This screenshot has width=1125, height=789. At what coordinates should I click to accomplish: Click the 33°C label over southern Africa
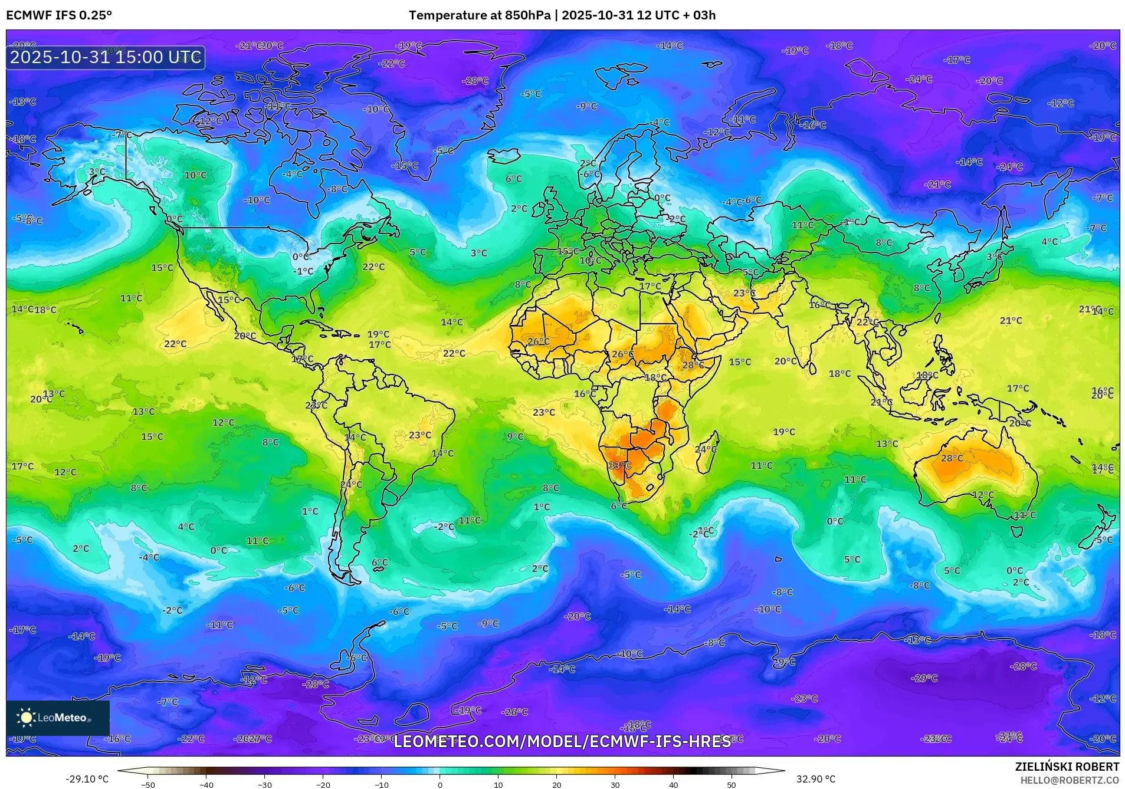click(x=619, y=465)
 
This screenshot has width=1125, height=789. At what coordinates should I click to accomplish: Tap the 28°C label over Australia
click(x=952, y=458)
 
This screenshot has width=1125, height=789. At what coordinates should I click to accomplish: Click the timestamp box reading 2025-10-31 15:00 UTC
click(x=106, y=57)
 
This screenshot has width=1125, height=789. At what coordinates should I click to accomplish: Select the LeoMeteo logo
click(x=57, y=718)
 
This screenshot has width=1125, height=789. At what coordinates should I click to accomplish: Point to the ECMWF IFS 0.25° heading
click(x=59, y=15)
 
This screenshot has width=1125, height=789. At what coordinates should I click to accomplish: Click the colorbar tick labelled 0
click(x=440, y=784)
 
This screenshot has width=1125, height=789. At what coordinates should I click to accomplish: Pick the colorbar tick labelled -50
click(x=149, y=784)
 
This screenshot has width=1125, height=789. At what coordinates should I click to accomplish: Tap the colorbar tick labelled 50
click(x=732, y=784)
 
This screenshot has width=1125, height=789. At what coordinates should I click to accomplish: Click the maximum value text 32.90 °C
click(x=816, y=779)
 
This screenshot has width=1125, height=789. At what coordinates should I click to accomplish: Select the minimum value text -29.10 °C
click(x=87, y=779)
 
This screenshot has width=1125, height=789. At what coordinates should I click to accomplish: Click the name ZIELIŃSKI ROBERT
click(x=1067, y=767)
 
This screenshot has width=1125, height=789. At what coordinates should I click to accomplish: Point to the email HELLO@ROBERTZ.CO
click(x=1070, y=780)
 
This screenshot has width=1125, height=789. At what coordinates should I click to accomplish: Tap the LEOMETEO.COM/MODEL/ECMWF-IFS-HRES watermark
click(x=562, y=741)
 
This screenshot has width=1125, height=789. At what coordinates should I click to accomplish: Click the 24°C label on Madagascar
click(x=706, y=449)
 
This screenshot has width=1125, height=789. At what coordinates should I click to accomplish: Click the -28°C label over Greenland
click(x=475, y=81)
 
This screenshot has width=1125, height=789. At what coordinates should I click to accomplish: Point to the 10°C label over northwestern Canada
click(x=195, y=175)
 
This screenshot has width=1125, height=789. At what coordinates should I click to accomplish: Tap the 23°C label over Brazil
click(x=420, y=435)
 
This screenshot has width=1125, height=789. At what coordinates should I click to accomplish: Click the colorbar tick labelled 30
click(x=615, y=784)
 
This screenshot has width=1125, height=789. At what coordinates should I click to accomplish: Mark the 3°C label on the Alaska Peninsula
click(x=97, y=172)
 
